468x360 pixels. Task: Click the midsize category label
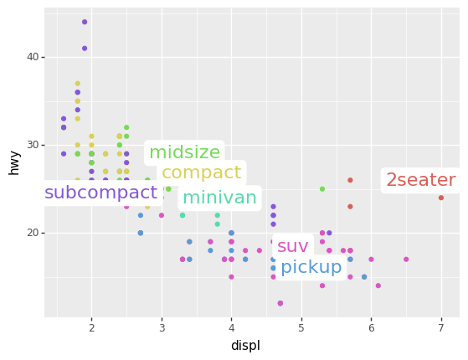pos(184,152)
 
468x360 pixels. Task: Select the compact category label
pos(201,173)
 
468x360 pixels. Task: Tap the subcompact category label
pos(100,193)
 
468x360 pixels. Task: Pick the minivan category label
pos(219,198)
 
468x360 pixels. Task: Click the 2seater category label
pos(420,180)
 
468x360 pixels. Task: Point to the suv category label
pos(293,246)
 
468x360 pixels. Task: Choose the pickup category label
pos(311,268)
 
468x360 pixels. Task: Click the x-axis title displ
pos(245,346)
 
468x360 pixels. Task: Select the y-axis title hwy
pos(14,162)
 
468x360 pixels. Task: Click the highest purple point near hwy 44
pos(85,22)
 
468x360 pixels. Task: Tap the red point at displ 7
pos(441,198)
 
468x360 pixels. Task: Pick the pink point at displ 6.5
pos(406,260)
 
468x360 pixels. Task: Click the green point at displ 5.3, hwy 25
pos(322,189)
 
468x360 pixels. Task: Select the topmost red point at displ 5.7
pos(350,180)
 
